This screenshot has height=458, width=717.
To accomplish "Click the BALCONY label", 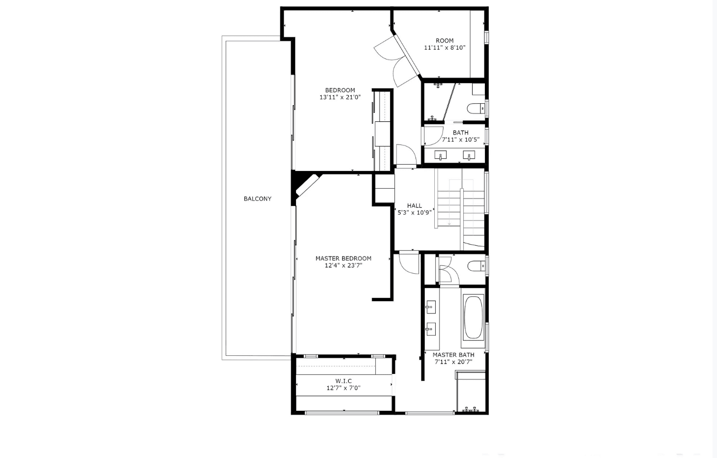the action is click(257, 199).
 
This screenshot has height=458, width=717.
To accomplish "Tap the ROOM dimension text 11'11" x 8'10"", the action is click(445, 48).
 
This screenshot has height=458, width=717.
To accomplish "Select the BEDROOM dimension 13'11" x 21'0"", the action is click(340, 97).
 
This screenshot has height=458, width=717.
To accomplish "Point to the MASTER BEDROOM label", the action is click(343, 258).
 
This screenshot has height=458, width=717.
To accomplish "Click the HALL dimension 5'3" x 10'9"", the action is click(415, 212).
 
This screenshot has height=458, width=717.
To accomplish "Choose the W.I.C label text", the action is click(343, 381).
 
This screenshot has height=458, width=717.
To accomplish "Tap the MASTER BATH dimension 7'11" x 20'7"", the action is click(453, 362).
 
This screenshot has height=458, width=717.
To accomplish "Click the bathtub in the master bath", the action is click(473, 317).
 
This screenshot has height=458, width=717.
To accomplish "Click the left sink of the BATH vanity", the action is click(441, 155).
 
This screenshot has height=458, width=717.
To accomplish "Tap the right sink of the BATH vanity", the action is click(469, 155).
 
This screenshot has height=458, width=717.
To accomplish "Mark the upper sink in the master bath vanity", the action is click(430, 307).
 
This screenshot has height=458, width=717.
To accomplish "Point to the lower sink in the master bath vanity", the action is click(430, 329).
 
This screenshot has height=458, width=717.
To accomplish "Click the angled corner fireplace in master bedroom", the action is click(308, 185).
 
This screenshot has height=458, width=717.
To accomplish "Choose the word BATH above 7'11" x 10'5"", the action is click(461, 132).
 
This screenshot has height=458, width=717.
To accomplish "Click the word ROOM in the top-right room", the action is click(445, 41).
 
